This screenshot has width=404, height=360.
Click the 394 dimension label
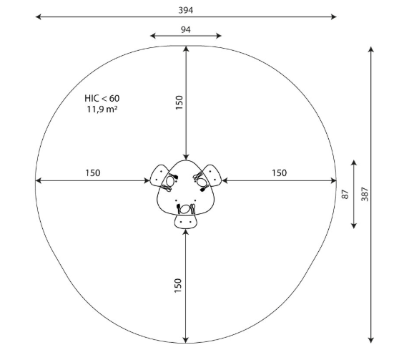click(x=185, y=10)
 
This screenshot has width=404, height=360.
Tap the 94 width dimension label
click(x=185, y=29)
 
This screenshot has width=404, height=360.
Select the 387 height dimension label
click(x=365, y=194)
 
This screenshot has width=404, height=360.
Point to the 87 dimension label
click(x=345, y=194)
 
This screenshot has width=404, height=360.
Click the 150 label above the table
click(x=179, y=102)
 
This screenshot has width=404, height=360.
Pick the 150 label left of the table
click(x=93, y=172)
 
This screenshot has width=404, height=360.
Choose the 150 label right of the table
click(x=280, y=172)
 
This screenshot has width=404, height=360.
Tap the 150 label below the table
click(x=178, y=286)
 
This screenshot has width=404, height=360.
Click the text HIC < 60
click(x=102, y=98)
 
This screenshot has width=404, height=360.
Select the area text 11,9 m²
click(x=102, y=110)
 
